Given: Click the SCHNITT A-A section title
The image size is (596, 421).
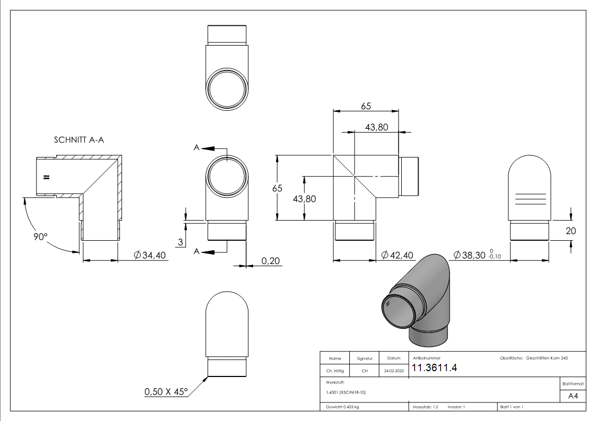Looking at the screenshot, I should (79, 141).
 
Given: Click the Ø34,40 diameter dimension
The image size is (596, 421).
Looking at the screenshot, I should (150, 256).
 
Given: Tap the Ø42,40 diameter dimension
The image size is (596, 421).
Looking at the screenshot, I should (397, 256).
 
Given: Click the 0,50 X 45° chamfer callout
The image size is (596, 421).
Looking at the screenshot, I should (166, 392).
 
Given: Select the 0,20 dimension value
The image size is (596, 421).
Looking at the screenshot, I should (271, 260).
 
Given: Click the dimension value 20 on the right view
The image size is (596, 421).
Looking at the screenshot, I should (571, 231).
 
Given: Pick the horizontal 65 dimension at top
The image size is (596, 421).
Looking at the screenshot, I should (366, 106).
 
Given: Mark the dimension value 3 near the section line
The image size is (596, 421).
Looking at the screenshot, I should (180, 242).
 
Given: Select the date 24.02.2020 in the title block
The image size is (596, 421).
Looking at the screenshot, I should (393, 371).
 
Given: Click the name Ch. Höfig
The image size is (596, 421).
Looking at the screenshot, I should (334, 371).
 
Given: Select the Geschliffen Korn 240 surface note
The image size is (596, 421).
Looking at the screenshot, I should (547, 358).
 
